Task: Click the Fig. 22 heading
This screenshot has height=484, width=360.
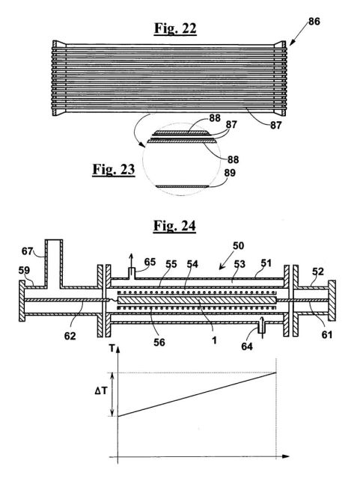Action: (175, 28)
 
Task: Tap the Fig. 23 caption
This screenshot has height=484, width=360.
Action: (114, 170)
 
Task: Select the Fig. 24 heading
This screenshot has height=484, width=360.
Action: (174, 226)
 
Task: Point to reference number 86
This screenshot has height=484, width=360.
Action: (314, 21)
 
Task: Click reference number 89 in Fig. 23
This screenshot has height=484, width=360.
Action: (230, 173)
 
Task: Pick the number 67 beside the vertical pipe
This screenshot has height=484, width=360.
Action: (27, 251)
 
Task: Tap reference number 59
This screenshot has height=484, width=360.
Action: (24, 270)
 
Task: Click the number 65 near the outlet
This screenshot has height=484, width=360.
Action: (150, 262)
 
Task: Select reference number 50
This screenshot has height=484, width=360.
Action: (238, 245)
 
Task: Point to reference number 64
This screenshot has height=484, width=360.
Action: (247, 346)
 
